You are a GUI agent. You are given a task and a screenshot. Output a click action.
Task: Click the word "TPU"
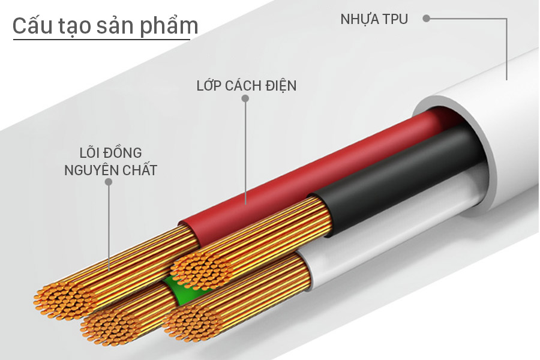coord(395,19)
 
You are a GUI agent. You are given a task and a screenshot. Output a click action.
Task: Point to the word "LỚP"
coord(209,85)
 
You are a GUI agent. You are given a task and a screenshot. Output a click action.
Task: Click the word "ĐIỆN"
coord(280,85)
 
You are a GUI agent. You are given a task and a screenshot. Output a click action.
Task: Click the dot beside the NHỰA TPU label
coord(426,19)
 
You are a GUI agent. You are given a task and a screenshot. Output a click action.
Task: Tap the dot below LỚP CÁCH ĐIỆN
coord(245,98)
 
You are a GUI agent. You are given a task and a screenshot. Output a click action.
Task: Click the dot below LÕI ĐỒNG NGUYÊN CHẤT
coord(109,181)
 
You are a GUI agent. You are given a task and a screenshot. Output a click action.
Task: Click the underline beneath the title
coord(101,41)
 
